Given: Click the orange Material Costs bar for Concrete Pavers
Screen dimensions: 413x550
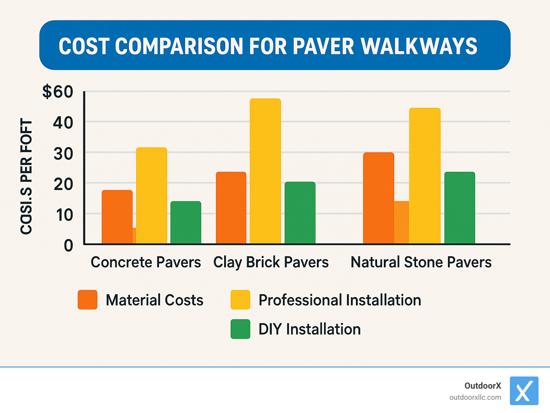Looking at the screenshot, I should coord(117,217).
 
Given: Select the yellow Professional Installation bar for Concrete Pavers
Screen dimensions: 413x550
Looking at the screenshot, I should coord(151,195).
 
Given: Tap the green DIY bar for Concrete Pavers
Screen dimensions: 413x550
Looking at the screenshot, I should coord(185,222).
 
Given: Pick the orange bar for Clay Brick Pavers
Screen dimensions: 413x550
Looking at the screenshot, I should coord(231,208).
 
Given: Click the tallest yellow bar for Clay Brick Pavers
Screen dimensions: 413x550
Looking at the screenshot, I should coord(265,171).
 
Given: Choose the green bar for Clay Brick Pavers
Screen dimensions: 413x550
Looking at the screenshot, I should coord(300,213).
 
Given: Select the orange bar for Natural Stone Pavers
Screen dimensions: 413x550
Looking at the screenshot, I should coord(378,198).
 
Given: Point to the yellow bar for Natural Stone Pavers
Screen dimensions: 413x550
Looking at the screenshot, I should coord(425,176).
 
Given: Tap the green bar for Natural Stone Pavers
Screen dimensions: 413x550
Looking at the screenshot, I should coord(459,208).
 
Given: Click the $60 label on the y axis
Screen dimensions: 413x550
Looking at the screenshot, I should coord(58,92).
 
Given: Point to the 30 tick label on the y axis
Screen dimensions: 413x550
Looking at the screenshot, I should coord(63,154).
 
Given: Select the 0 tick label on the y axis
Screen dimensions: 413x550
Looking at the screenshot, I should coord(68,246).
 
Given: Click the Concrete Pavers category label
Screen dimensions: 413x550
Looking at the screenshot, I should coord(146,262).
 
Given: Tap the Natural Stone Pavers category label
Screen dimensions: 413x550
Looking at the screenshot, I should coord(421,262).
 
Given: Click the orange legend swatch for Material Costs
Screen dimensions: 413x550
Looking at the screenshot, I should coord(87,300).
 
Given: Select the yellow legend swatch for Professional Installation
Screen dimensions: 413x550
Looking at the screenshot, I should coord(240,300).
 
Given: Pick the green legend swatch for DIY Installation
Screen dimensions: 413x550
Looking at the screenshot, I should coord(240,329).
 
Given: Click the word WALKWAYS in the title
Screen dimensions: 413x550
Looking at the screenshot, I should coord(419,46).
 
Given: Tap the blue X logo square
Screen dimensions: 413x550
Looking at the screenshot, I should coord(524,390).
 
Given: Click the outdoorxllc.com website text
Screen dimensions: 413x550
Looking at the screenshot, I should coord(475,397).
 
